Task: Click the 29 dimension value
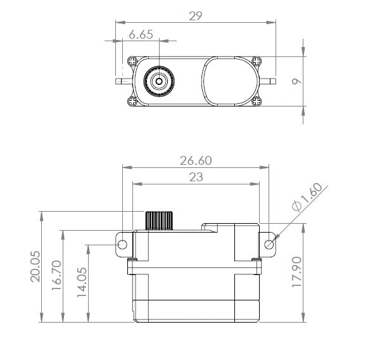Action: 195,16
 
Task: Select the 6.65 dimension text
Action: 140,35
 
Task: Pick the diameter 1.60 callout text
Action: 308,198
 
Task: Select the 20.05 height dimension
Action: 35,267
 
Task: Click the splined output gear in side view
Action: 159,221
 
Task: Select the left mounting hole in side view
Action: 122,244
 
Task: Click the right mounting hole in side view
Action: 269,244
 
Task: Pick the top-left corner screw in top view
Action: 132,61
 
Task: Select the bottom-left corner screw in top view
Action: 132,100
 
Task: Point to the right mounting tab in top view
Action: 269,81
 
